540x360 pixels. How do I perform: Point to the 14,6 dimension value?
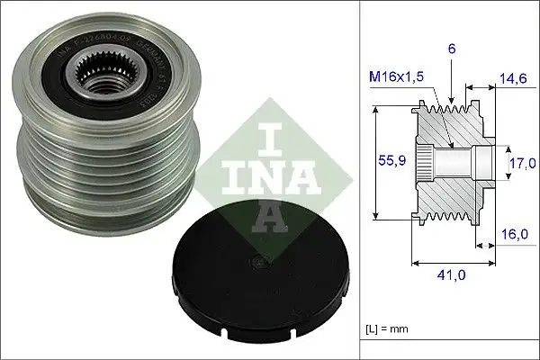513,79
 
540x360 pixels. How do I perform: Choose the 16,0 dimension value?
515,232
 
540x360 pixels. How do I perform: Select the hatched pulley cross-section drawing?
454,162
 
